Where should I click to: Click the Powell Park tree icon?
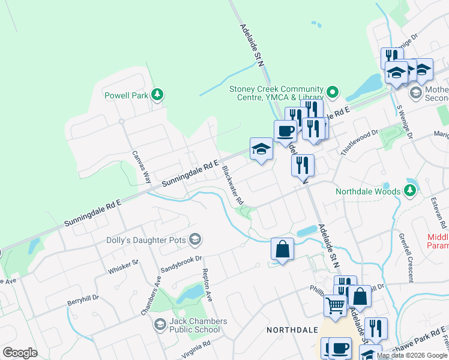click(x=157, y=94)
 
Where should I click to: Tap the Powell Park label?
click(x=126, y=95)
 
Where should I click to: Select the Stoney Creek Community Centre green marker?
click(x=333, y=92)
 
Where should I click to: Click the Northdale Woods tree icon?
click(x=410, y=191)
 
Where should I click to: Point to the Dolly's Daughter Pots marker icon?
click(x=194, y=240)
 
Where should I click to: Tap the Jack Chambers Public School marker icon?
click(x=160, y=325)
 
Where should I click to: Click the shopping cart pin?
click(x=335, y=305)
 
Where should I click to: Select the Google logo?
click(x=20, y=353)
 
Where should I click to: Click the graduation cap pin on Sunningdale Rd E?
click(x=262, y=150)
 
